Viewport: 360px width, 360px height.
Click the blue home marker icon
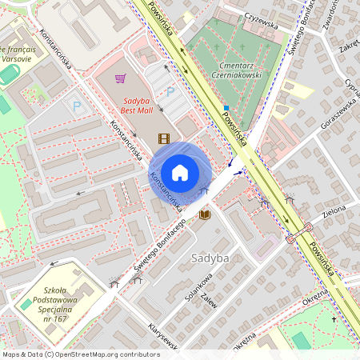(180, 173)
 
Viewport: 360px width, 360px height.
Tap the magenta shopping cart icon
(120, 78)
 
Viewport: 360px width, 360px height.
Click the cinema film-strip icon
(164, 138)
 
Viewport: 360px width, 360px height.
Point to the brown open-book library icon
(205, 214)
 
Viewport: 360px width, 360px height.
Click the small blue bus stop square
(226, 107)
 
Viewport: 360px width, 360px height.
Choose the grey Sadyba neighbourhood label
(211, 258)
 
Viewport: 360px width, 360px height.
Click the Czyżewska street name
(262, 24)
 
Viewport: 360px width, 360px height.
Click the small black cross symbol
(334, 319)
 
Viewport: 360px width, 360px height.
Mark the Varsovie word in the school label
(17, 58)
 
